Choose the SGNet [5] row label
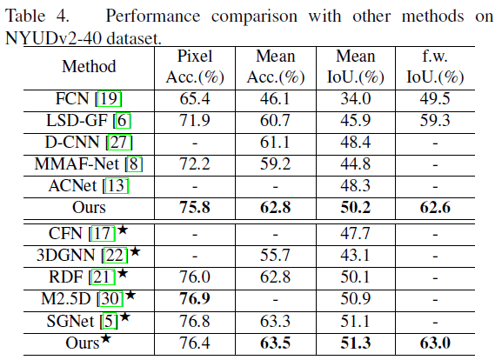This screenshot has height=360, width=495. click(x=90, y=320)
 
